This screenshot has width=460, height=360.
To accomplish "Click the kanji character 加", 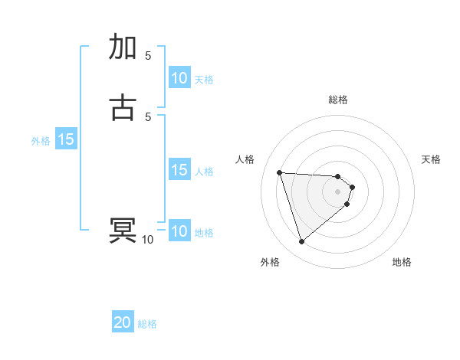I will click(x=123, y=47).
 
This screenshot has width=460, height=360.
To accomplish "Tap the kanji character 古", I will click(x=123, y=106).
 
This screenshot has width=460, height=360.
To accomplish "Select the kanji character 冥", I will click(x=123, y=231).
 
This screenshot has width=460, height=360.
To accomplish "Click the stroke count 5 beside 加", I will click(x=148, y=55).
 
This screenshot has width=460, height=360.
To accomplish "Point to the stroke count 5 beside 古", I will click(x=148, y=116).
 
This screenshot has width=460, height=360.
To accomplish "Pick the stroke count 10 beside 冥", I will click(x=147, y=240).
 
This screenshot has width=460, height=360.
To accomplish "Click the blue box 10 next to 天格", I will click(x=179, y=78).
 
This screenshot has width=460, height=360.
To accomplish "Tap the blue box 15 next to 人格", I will click(x=179, y=170).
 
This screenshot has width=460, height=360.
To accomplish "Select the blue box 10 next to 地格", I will click(x=179, y=231).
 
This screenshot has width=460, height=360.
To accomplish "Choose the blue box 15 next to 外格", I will click(x=66, y=139).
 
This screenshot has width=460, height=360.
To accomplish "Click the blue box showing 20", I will click(x=123, y=322).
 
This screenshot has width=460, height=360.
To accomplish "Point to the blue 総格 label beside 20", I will click(x=147, y=324).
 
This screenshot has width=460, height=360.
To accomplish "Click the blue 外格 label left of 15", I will click(x=41, y=141).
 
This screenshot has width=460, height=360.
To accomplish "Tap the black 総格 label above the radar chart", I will click(x=338, y=100).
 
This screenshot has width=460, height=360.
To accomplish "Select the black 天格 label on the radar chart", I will click(x=431, y=159).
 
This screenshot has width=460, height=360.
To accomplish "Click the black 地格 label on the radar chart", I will click(x=402, y=262).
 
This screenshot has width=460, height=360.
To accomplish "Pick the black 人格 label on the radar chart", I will click(x=245, y=159).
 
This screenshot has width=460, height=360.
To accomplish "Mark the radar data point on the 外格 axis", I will click(x=302, y=242).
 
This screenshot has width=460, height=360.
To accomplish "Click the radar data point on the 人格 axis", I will click(x=280, y=172).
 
